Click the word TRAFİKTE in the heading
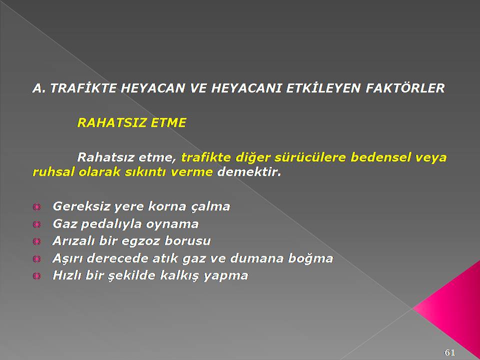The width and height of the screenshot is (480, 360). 83,88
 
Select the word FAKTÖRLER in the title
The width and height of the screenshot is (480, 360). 405,88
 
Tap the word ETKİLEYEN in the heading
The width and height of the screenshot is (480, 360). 323,88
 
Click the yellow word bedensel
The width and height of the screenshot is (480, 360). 380,157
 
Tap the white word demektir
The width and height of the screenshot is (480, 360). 249,172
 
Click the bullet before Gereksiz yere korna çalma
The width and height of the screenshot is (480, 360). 36,207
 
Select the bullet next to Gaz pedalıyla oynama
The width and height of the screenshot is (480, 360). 36,224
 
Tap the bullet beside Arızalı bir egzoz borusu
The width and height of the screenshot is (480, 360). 36,242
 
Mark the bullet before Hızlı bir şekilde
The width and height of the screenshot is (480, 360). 36,276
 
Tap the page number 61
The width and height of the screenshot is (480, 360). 449,352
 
